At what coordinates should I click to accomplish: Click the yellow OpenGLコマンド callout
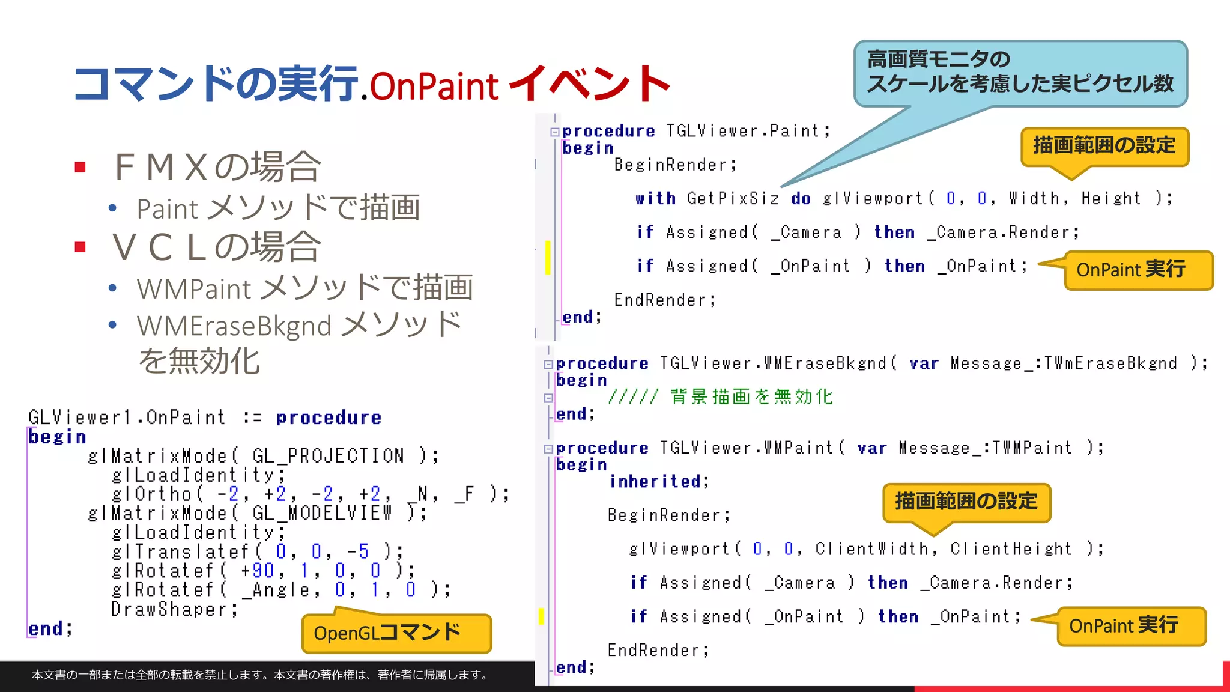click(396, 633)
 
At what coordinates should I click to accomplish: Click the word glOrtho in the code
click(151, 494)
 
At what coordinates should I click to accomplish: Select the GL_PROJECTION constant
click(328, 455)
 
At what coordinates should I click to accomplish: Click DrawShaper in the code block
click(169, 609)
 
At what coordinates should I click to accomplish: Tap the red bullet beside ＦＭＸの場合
click(80, 167)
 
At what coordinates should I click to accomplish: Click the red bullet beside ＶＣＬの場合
click(80, 247)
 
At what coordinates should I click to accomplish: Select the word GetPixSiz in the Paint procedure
click(733, 198)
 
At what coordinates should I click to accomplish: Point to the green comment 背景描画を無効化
click(751, 396)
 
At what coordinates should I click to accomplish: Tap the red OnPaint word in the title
click(434, 86)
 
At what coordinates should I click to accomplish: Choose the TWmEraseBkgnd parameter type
click(1110, 363)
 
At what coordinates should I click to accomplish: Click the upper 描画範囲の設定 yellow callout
click(1104, 145)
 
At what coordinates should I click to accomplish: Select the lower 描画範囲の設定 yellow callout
click(966, 501)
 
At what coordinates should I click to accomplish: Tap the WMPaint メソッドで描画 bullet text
click(304, 288)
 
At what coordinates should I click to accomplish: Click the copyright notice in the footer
click(259, 675)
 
